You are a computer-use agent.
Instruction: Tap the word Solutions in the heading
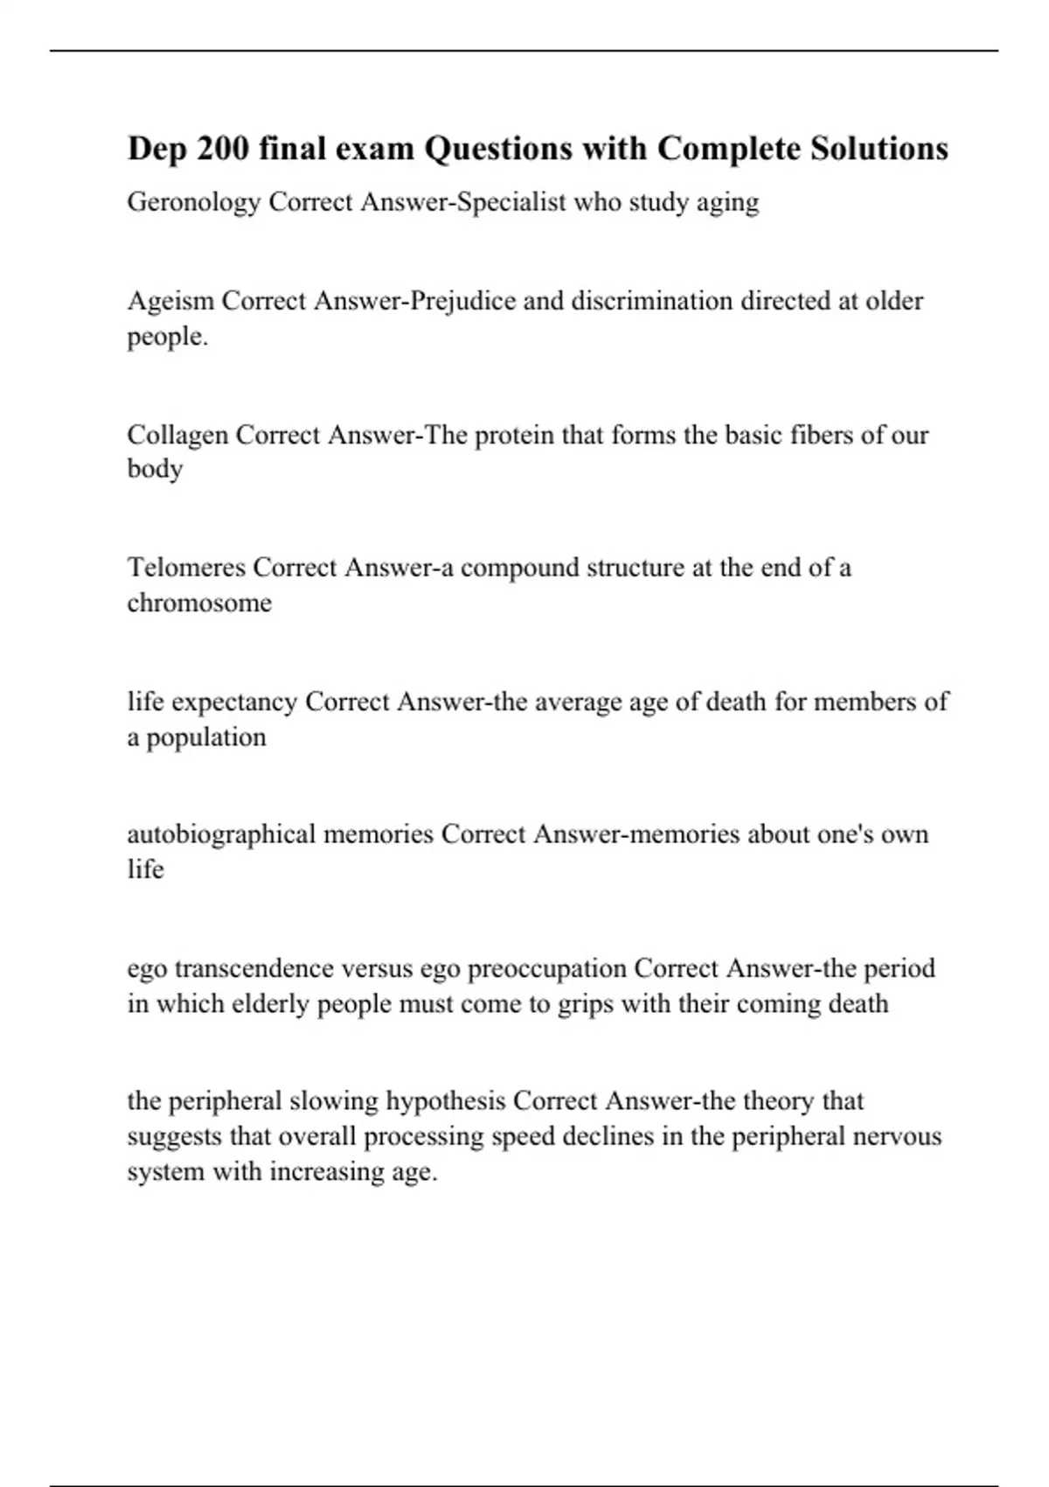(x=879, y=149)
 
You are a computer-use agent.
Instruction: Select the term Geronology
(x=194, y=203)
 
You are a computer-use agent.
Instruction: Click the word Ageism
(x=170, y=301)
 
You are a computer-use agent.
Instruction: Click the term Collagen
(x=177, y=435)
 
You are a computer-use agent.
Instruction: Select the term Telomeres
(x=186, y=568)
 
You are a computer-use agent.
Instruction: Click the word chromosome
(x=199, y=603)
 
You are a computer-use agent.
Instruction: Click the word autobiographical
(x=222, y=834)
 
